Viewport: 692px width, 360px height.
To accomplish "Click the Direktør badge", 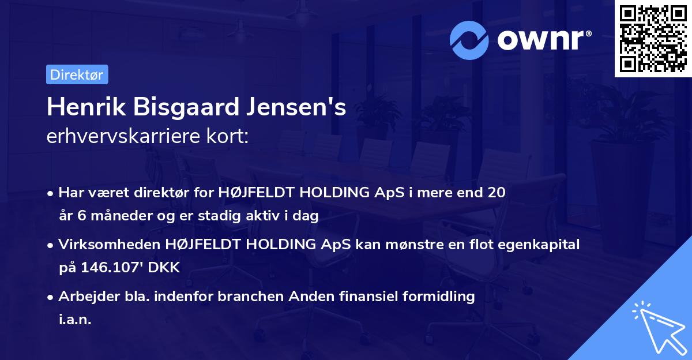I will click(77, 74).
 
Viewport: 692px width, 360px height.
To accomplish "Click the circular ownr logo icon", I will click(469, 40).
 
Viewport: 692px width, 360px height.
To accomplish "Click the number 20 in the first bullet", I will click(497, 193).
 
